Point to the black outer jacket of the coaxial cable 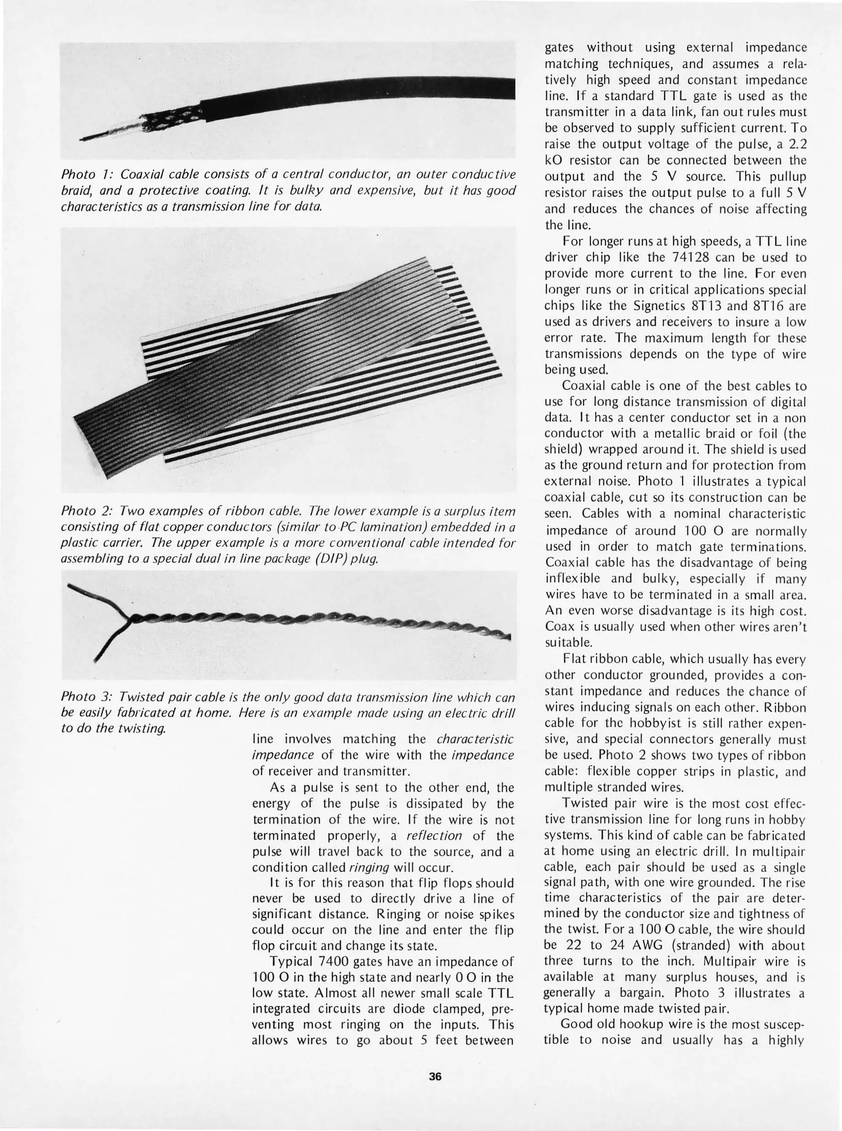[367, 94]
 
